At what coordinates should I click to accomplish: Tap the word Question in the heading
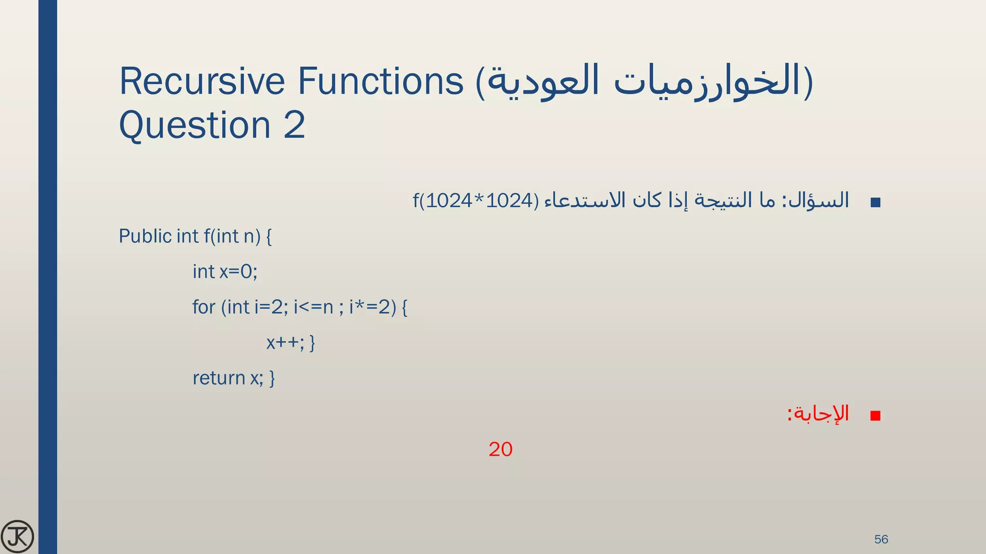(x=195, y=125)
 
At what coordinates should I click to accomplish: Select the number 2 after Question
(x=294, y=125)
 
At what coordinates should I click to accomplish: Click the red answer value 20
(x=500, y=449)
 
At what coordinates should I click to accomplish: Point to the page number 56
(x=881, y=539)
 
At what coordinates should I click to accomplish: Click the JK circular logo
(x=18, y=536)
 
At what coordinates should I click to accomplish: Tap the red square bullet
(x=875, y=415)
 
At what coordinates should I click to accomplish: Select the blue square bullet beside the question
(x=875, y=202)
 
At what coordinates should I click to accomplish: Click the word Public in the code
(x=145, y=236)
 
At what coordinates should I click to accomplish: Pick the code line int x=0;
(x=225, y=272)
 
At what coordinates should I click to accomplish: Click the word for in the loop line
(x=204, y=307)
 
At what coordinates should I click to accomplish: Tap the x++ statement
(x=285, y=342)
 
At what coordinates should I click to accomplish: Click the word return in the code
(x=219, y=378)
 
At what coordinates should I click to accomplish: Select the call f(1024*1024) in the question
(x=476, y=201)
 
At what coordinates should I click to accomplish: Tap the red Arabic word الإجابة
(x=821, y=414)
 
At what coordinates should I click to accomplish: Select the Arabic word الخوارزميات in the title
(x=708, y=81)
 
